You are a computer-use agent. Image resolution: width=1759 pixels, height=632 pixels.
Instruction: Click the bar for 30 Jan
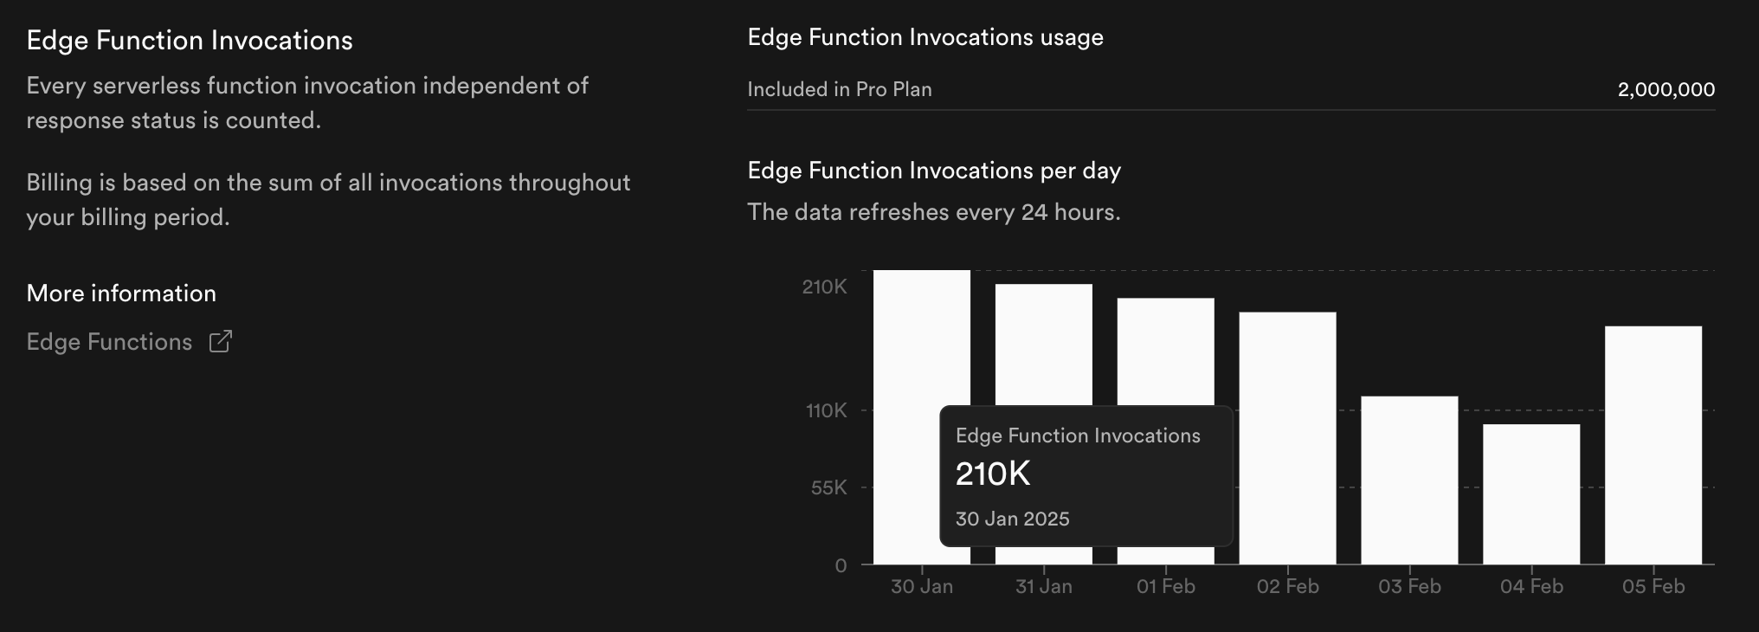pos(921,338)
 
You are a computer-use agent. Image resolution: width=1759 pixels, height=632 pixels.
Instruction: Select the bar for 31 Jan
pos(1043,345)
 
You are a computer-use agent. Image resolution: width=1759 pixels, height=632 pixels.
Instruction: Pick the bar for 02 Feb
pos(1287,438)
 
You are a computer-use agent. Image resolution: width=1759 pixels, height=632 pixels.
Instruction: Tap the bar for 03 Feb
pos(1409,480)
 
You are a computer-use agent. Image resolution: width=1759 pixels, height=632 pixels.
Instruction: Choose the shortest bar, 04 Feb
pos(1531,494)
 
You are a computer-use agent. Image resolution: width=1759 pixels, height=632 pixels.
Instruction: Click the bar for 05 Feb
pos(1653,445)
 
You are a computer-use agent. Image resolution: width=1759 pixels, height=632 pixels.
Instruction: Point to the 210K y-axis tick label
pos(824,287)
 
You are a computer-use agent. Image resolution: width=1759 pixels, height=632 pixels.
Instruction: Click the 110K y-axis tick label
pos(826,410)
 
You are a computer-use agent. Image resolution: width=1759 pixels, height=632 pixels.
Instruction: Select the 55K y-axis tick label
pos(828,487)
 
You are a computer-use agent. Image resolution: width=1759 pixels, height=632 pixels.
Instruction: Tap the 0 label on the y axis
pos(841,565)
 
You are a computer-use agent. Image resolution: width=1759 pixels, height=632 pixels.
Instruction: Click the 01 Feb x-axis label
pos(1165,587)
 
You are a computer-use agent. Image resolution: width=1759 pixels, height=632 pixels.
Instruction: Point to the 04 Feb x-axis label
pos(1531,587)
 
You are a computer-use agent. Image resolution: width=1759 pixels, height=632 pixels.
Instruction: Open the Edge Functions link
pos(109,342)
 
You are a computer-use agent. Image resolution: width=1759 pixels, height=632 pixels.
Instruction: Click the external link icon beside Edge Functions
pos(221,341)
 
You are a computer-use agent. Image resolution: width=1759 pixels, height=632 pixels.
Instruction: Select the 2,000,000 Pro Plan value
pos(1666,89)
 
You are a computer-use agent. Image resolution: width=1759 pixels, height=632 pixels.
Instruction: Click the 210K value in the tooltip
pos(993,474)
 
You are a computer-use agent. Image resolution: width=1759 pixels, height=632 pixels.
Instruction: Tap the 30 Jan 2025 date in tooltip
pos(1012,519)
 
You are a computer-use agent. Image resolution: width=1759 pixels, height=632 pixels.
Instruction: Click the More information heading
pos(121,293)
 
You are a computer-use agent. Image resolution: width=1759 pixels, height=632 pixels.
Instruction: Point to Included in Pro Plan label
pos(839,89)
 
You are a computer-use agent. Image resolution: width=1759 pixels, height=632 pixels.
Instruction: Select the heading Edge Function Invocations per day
pos(934,171)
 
